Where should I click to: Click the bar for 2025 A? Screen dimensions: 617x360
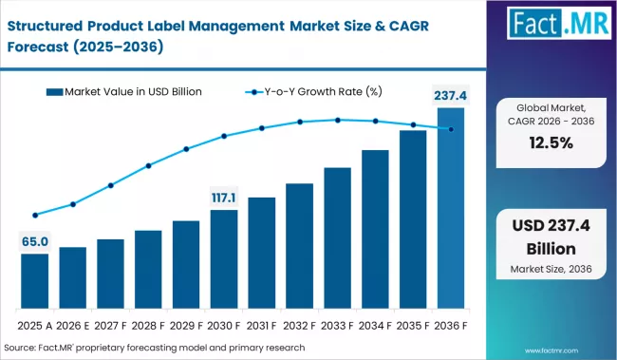pyautogui.click(x=34, y=281)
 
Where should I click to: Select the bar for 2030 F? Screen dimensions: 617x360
pyautogui.click(x=224, y=258)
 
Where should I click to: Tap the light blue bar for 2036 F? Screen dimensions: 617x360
pyautogui.click(x=451, y=208)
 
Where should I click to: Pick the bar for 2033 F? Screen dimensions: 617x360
pyautogui.click(x=338, y=237)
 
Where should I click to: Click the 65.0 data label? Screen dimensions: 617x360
pyautogui.click(x=35, y=241)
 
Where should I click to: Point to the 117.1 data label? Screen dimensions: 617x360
pyautogui.click(x=224, y=198)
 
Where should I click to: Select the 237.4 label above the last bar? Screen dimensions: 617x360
pyautogui.click(x=451, y=96)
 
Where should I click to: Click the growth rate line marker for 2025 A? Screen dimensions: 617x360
pyautogui.click(x=35, y=215)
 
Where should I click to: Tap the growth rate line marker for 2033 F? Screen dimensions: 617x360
pyautogui.click(x=338, y=120)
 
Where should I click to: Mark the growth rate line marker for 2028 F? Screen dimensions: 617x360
pyautogui.click(x=148, y=166)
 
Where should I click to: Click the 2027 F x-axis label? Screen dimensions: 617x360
pyautogui.click(x=110, y=326)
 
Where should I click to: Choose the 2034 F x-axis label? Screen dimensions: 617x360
pyautogui.click(x=375, y=326)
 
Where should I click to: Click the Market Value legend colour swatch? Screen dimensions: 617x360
pyautogui.click(x=54, y=92)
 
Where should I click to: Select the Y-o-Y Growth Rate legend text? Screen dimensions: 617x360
pyautogui.click(x=323, y=92)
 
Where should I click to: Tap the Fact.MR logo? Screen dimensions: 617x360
pyautogui.click(x=559, y=23)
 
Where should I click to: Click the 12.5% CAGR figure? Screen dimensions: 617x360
pyautogui.click(x=551, y=142)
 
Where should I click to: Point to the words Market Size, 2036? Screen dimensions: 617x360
pyautogui.click(x=551, y=269)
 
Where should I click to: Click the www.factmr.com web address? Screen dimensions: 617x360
pyautogui.click(x=552, y=351)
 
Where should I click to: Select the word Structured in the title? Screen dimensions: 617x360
pyautogui.click(x=45, y=26)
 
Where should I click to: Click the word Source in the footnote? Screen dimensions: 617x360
pyautogui.click(x=19, y=348)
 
